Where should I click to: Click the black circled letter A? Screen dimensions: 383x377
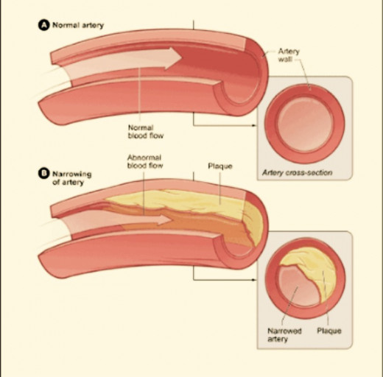(43, 25)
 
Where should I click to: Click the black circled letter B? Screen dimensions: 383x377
(43, 173)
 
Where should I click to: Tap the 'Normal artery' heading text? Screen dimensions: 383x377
(78, 26)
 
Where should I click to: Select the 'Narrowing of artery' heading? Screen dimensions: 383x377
(71, 178)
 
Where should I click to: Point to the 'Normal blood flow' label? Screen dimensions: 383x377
(146, 132)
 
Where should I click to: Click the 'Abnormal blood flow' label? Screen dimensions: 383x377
(145, 161)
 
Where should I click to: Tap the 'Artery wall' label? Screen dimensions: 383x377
(289, 55)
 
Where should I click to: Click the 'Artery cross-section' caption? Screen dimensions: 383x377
(298, 172)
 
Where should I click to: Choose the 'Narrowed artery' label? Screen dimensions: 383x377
(284, 335)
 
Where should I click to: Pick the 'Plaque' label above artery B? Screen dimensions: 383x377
(220, 166)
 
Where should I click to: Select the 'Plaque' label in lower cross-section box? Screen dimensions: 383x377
(329, 331)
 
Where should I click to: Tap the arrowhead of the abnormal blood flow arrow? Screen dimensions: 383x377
(164, 219)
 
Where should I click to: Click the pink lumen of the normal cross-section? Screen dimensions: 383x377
(305, 124)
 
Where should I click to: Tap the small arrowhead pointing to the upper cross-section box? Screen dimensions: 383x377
(254, 125)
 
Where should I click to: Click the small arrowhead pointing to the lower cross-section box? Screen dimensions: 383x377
(254, 280)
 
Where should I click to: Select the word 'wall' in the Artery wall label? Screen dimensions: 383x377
(285, 60)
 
